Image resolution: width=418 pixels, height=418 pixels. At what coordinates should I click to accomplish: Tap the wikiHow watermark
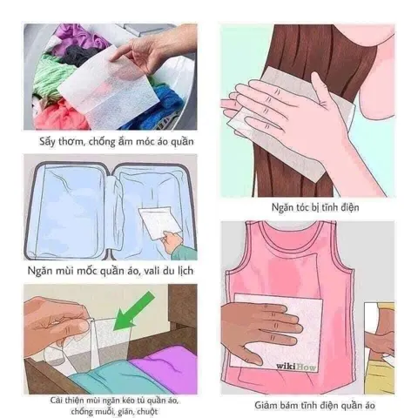pyautogui.click(x=296, y=367)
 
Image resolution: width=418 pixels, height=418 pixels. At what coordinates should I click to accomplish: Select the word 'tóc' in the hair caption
pyautogui.click(x=306, y=207)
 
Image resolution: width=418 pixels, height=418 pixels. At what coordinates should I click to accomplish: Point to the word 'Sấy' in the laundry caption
pyautogui.click(x=47, y=142)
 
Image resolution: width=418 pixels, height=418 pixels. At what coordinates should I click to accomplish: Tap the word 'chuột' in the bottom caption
pyautogui.click(x=147, y=412)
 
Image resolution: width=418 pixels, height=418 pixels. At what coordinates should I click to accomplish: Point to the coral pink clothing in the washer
pyautogui.click(x=61, y=115)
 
